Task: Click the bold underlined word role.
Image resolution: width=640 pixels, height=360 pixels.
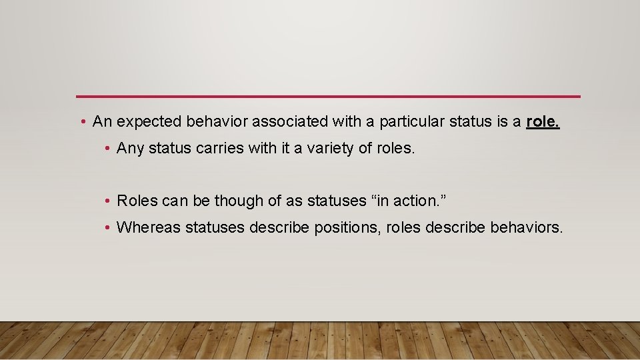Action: coord(543,121)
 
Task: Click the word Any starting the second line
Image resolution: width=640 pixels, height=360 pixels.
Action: coord(130,149)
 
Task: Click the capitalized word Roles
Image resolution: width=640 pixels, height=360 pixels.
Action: coord(136,200)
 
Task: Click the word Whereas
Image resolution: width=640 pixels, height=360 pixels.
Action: coord(148,227)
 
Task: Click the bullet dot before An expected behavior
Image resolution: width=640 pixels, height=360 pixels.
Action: coord(81,122)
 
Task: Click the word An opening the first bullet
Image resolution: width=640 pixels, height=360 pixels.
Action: coord(102,121)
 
